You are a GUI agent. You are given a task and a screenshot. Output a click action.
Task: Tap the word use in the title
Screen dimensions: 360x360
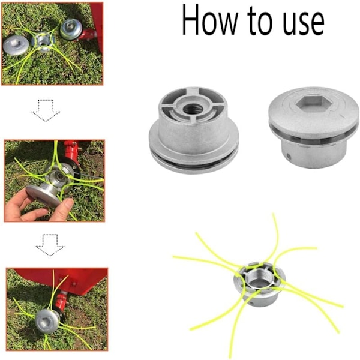click(x=303, y=24)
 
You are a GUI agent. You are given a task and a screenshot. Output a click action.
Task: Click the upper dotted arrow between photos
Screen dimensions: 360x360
click(x=46, y=110)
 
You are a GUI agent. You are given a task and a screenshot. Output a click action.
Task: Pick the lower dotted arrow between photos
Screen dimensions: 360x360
click(x=50, y=245)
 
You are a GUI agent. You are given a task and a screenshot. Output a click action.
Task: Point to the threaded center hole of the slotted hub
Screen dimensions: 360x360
click(x=193, y=109)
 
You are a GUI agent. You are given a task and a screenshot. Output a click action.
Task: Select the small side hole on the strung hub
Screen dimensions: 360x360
click(x=252, y=303)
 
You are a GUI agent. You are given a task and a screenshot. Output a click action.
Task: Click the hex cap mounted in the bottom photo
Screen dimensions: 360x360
click(x=47, y=321)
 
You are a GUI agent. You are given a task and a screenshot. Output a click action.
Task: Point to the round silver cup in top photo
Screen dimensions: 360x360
click(x=71, y=29)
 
